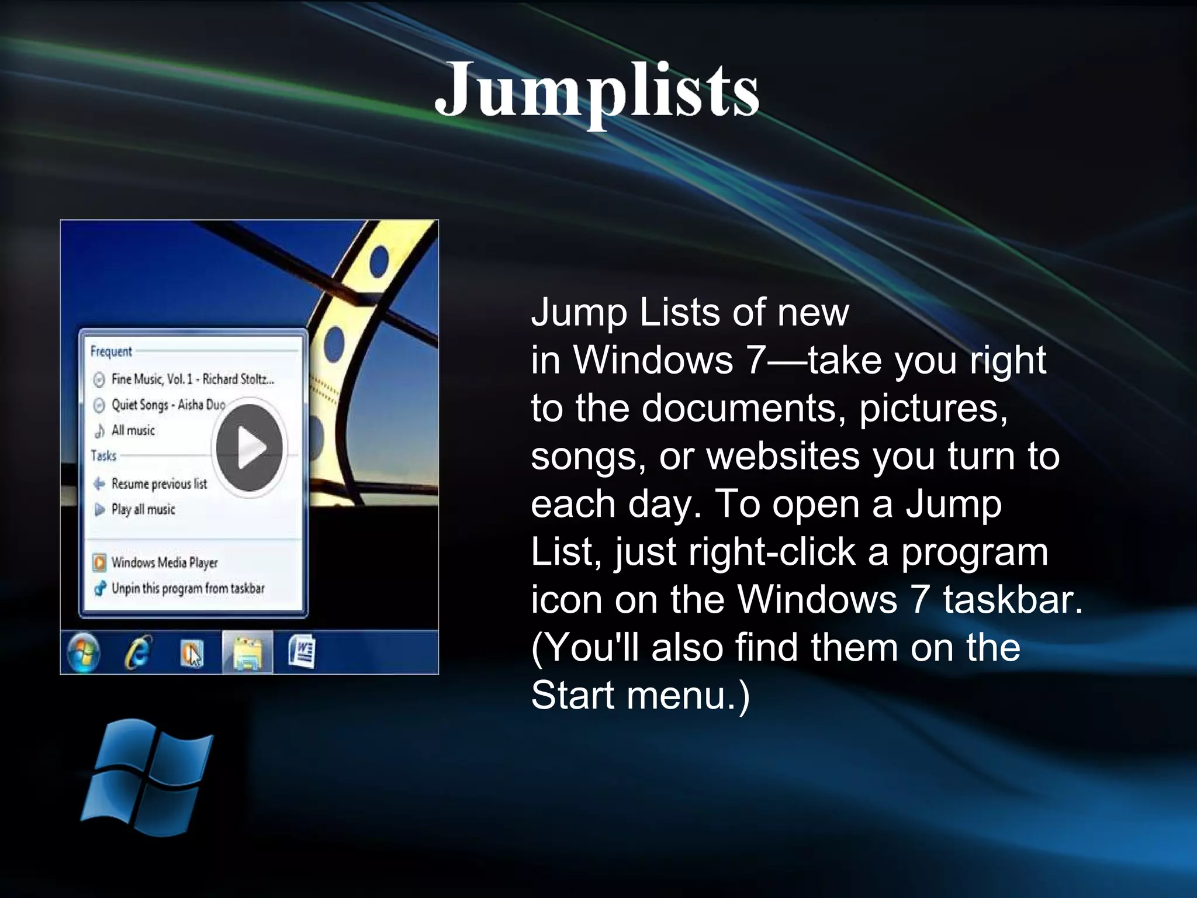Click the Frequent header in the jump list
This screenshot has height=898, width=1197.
(111, 351)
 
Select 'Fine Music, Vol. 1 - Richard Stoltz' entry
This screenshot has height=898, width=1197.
(192, 379)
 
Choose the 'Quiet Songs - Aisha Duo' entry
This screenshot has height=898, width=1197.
(168, 405)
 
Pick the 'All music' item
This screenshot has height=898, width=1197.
(133, 431)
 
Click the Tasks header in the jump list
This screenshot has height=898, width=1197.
(103, 455)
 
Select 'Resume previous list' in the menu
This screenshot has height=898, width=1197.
(158, 483)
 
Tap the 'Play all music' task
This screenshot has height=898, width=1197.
(143, 509)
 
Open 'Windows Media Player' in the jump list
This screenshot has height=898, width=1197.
(164, 562)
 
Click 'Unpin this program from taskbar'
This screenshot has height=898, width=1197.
(188, 589)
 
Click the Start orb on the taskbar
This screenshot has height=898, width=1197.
(84, 652)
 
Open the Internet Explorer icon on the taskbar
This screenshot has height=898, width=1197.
(137, 652)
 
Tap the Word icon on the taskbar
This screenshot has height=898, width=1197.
(302, 652)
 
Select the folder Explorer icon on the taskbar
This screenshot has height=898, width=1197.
(247, 652)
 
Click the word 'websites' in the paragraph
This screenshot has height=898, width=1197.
(783, 455)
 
